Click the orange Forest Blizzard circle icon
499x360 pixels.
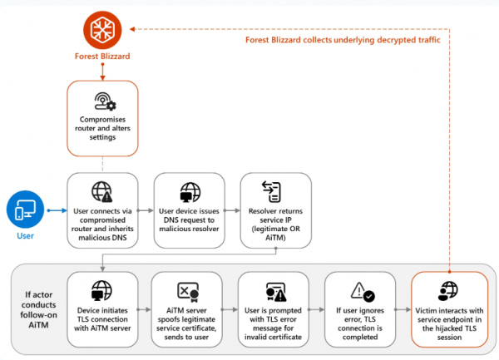(x=103, y=29)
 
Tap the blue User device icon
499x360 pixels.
(x=27, y=211)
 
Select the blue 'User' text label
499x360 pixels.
(x=27, y=237)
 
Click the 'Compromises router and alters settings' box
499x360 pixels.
(x=102, y=116)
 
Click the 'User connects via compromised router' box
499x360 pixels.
(x=102, y=209)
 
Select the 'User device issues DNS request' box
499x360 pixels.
(x=189, y=209)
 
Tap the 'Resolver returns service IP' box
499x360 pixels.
(x=275, y=209)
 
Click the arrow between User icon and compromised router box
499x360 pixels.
(x=56, y=211)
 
